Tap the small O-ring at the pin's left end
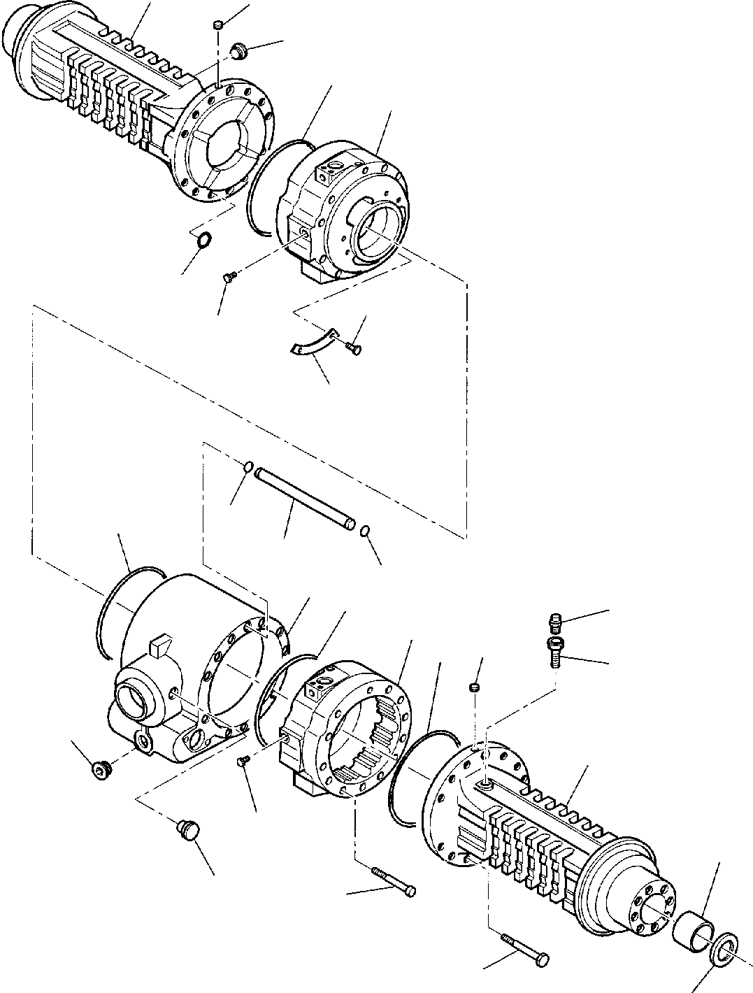click(248, 466)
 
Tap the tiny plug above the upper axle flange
click(217, 26)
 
